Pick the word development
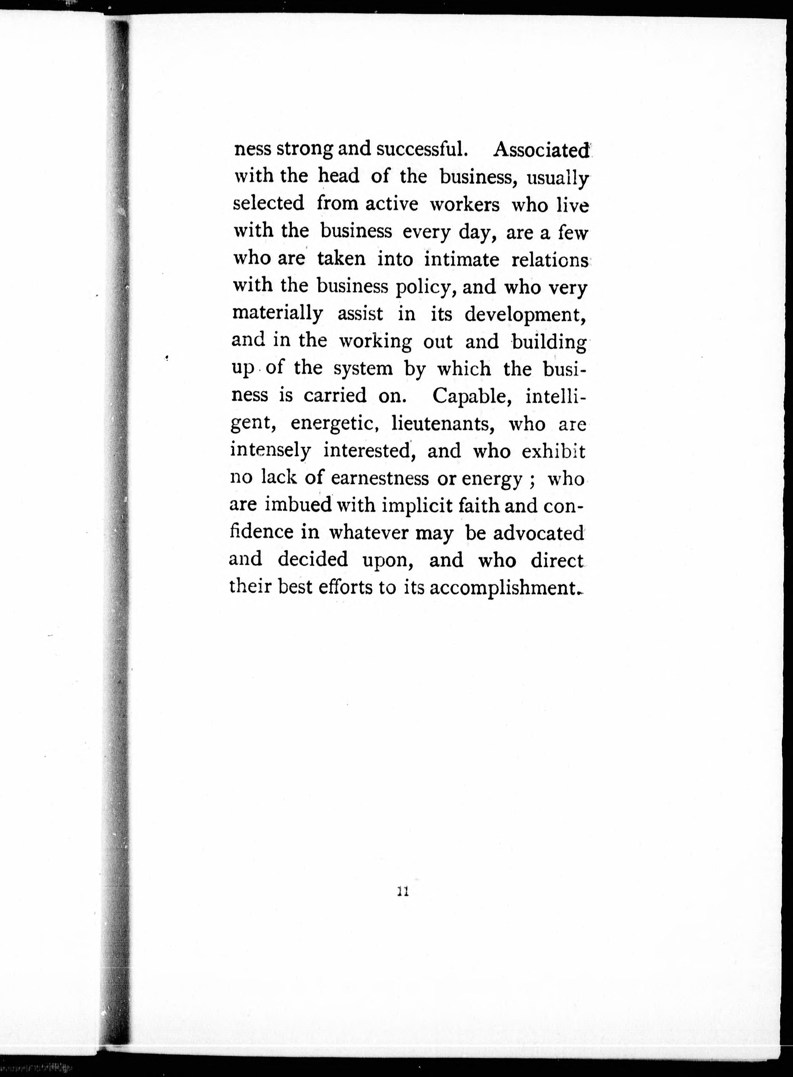point(525,314)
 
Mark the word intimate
point(462,260)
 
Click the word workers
point(464,205)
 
